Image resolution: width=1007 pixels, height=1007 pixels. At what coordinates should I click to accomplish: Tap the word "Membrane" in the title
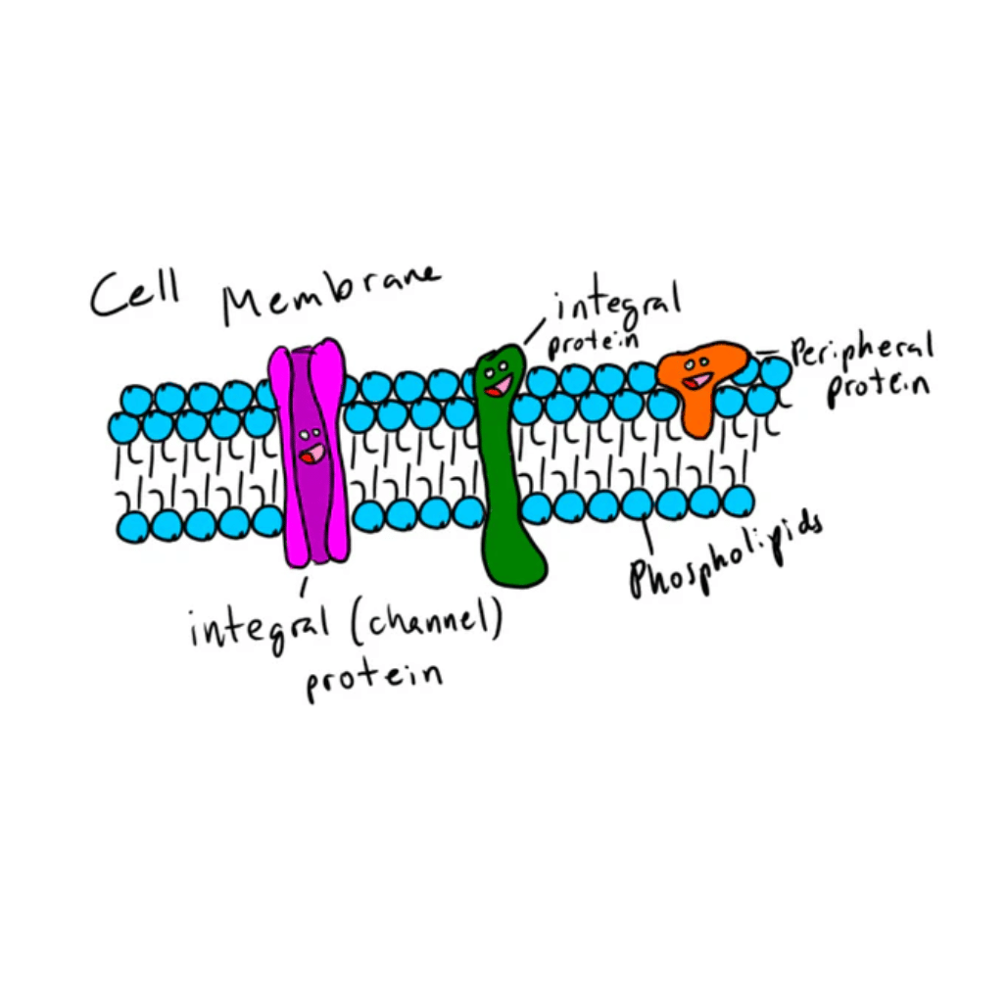point(330,291)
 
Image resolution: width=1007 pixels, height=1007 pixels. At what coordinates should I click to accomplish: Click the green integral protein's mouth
point(499,386)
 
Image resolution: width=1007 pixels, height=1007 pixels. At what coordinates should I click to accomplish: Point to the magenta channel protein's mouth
point(313,454)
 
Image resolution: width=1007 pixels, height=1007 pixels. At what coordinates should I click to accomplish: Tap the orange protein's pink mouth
point(697,380)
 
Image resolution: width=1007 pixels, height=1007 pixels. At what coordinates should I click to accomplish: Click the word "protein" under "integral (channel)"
point(372,676)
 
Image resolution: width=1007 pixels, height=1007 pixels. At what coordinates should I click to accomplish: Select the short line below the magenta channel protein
point(305,586)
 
